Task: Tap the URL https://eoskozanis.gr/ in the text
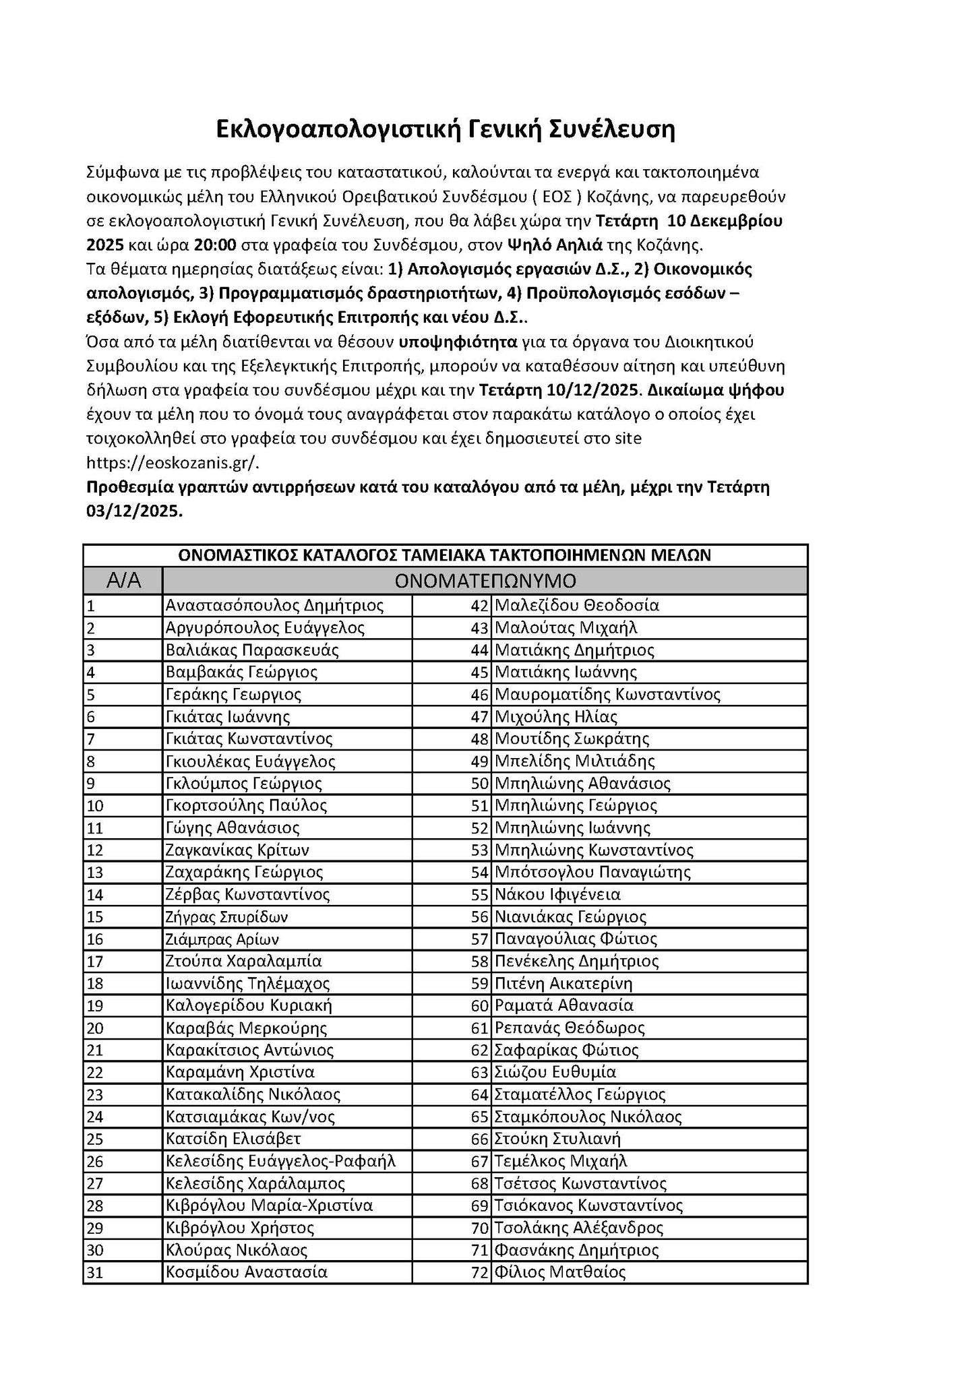click(x=173, y=463)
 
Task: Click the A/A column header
click(x=123, y=580)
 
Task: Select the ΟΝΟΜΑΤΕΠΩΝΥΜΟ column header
click(x=485, y=580)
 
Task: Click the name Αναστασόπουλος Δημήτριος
click(x=274, y=605)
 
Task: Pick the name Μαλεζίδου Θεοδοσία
click(x=576, y=605)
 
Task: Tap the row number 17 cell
click(x=94, y=961)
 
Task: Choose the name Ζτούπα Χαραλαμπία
click(x=243, y=961)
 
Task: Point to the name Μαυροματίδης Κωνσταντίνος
click(x=607, y=694)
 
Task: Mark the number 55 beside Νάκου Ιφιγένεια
click(x=479, y=894)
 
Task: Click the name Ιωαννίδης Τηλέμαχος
click(x=247, y=983)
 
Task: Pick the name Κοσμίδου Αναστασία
click(x=246, y=1272)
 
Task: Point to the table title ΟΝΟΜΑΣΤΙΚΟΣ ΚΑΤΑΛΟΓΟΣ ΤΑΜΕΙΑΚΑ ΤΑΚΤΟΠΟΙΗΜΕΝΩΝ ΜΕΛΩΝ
click(x=444, y=555)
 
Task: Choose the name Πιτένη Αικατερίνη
click(x=563, y=983)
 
